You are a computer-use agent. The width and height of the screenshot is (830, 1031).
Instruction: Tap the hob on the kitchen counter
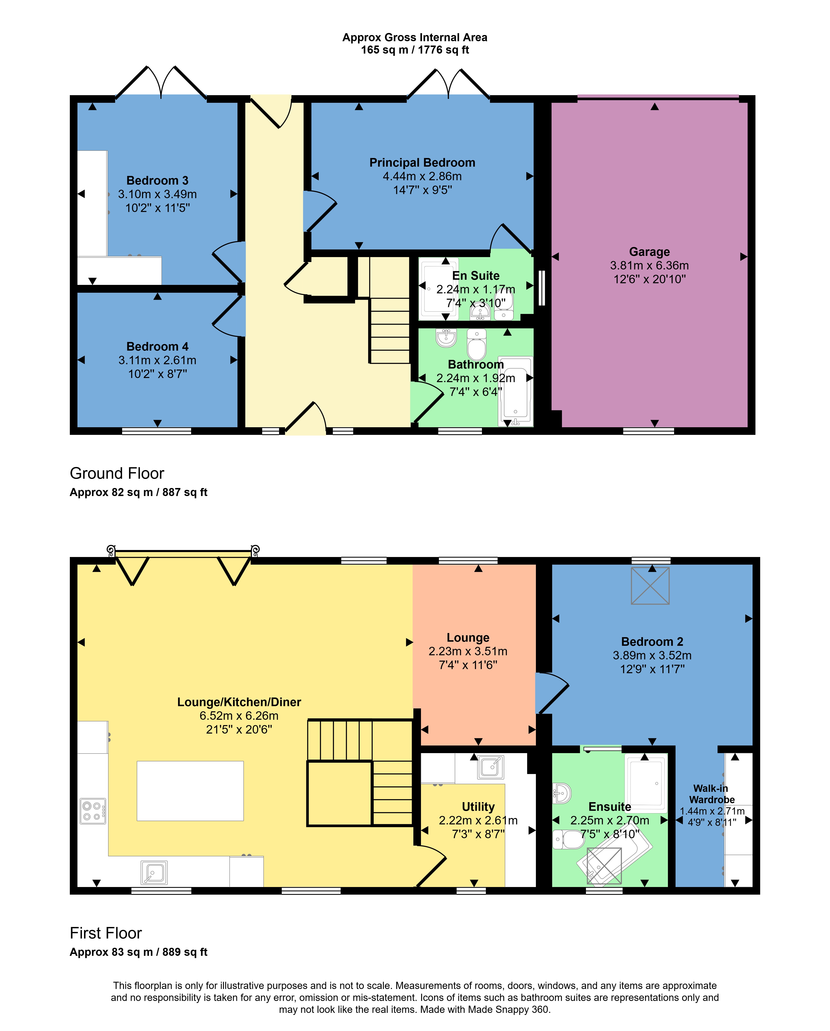point(93,811)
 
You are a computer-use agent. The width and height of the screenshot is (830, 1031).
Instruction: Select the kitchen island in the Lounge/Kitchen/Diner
point(190,791)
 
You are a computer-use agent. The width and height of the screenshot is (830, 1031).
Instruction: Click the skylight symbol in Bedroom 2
point(650,586)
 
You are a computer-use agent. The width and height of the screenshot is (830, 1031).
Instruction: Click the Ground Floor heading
point(117,473)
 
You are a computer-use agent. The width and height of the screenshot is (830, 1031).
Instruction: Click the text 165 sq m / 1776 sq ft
point(415,50)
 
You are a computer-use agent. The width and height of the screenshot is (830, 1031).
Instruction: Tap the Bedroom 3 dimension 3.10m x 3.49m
point(157,194)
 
